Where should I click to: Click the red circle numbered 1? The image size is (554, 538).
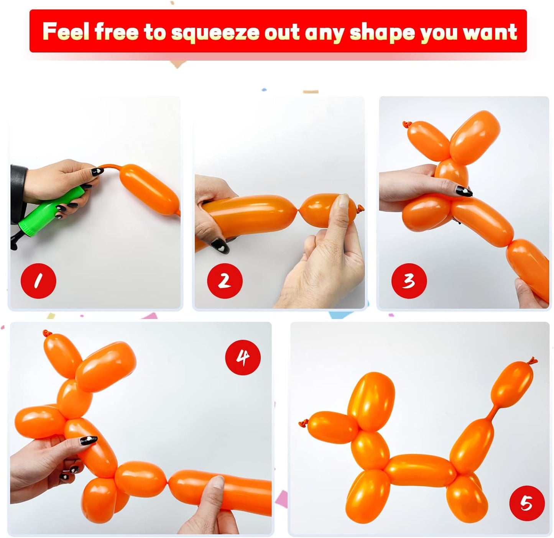click(38, 281)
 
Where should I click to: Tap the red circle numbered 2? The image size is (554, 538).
click(225, 281)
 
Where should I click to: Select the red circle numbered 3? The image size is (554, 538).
click(409, 281)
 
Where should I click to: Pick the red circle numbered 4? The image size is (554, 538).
click(243, 358)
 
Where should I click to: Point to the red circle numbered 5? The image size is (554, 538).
click(527, 504)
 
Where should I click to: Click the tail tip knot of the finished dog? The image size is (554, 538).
click(532, 360)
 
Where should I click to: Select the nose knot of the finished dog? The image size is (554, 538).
click(302, 424)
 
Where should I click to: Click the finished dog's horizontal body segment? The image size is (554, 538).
click(418, 469)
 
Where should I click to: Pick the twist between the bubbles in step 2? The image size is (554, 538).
click(298, 210)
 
